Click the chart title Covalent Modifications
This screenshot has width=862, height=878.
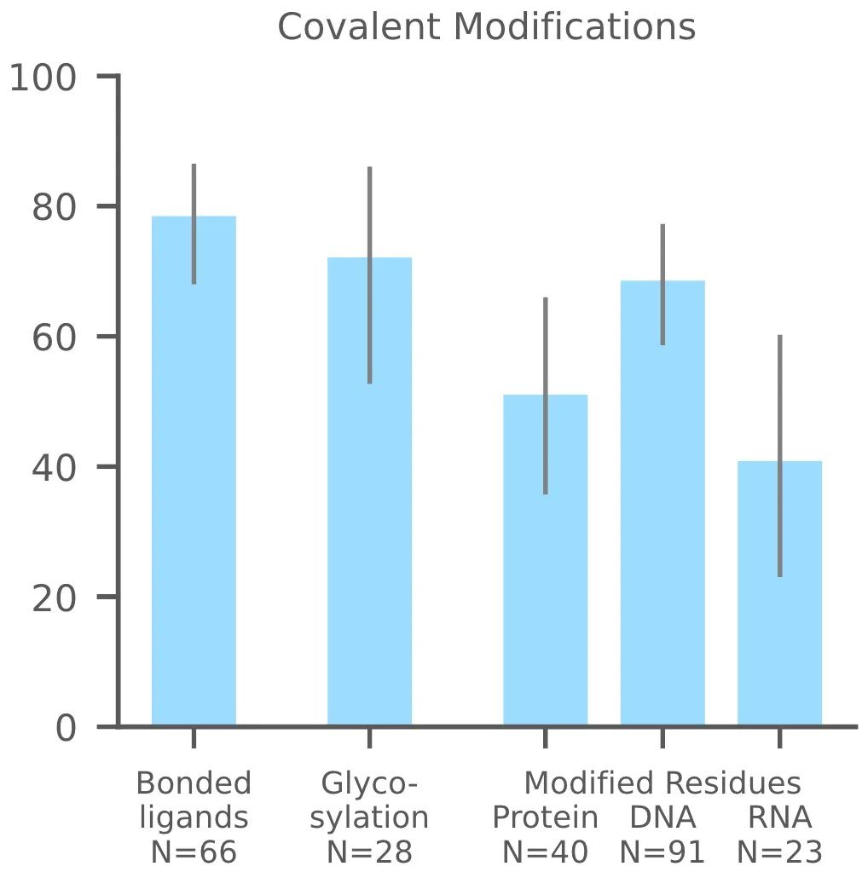pos(487,27)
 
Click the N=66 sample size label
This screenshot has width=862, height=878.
pos(194,852)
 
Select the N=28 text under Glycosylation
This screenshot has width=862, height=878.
pos(369,852)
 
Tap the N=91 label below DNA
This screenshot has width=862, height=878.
pos(662,852)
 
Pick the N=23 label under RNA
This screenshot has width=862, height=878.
pos(779,852)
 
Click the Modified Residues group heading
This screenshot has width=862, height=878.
pos(662,783)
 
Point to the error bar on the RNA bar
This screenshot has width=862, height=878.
pos(779,456)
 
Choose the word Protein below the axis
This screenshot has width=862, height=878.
pos(545,817)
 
